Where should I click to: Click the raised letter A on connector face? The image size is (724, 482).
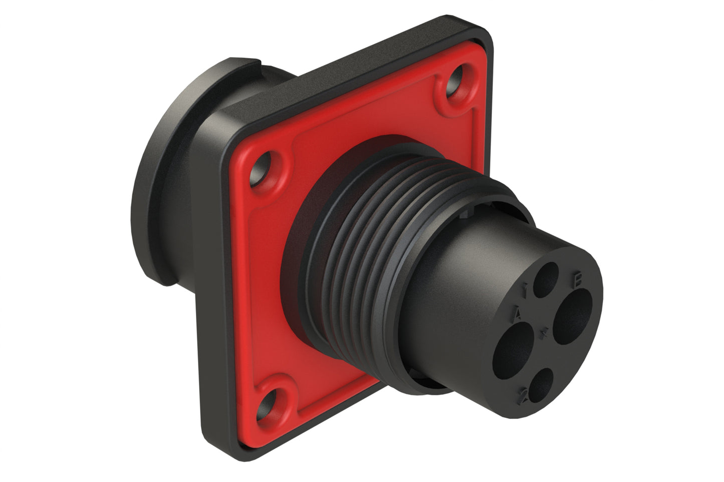pyautogui.click(x=519, y=313)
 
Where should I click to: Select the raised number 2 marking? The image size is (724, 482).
pyautogui.click(x=525, y=393)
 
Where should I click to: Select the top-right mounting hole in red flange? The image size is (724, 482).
pyautogui.click(x=457, y=81)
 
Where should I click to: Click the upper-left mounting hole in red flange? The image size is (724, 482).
pyautogui.click(x=264, y=171)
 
